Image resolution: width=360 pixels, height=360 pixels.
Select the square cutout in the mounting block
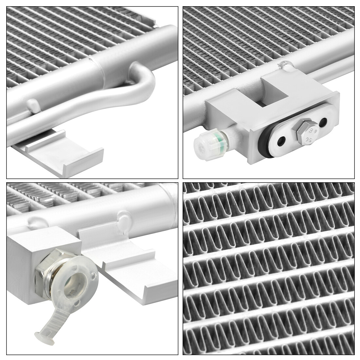[275, 92]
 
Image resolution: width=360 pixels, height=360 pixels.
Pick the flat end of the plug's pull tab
[44, 336]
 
